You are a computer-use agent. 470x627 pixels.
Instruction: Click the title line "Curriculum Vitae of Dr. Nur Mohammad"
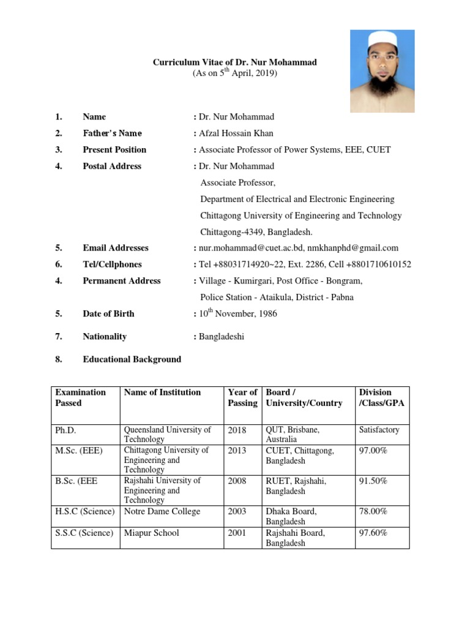[234, 62]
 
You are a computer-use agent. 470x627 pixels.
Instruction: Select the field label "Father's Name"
[112, 133]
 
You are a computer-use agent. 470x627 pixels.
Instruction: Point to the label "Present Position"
[114, 150]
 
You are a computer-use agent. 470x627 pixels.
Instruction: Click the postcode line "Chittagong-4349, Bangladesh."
[256, 232]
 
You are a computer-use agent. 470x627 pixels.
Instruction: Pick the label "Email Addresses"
[116, 248]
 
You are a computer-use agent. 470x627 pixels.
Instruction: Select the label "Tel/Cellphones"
[112, 265]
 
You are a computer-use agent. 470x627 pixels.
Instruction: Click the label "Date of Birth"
[108, 313]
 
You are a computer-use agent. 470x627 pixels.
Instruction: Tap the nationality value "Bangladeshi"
[220, 336]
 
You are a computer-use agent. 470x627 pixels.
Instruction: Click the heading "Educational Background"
[132, 359]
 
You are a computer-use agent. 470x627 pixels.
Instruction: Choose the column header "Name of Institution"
[162, 392]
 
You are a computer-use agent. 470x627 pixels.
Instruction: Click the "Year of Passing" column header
[242, 397]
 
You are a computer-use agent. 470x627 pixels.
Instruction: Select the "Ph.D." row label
[65, 430]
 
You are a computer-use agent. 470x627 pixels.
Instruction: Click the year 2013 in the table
[237, 451]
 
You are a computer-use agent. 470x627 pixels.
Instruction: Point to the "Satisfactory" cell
[379, 430]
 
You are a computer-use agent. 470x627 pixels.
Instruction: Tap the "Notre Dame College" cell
[162, 512]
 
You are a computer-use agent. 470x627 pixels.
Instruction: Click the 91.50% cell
[373, 481]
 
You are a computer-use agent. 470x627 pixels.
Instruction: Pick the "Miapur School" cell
[152, 533]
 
